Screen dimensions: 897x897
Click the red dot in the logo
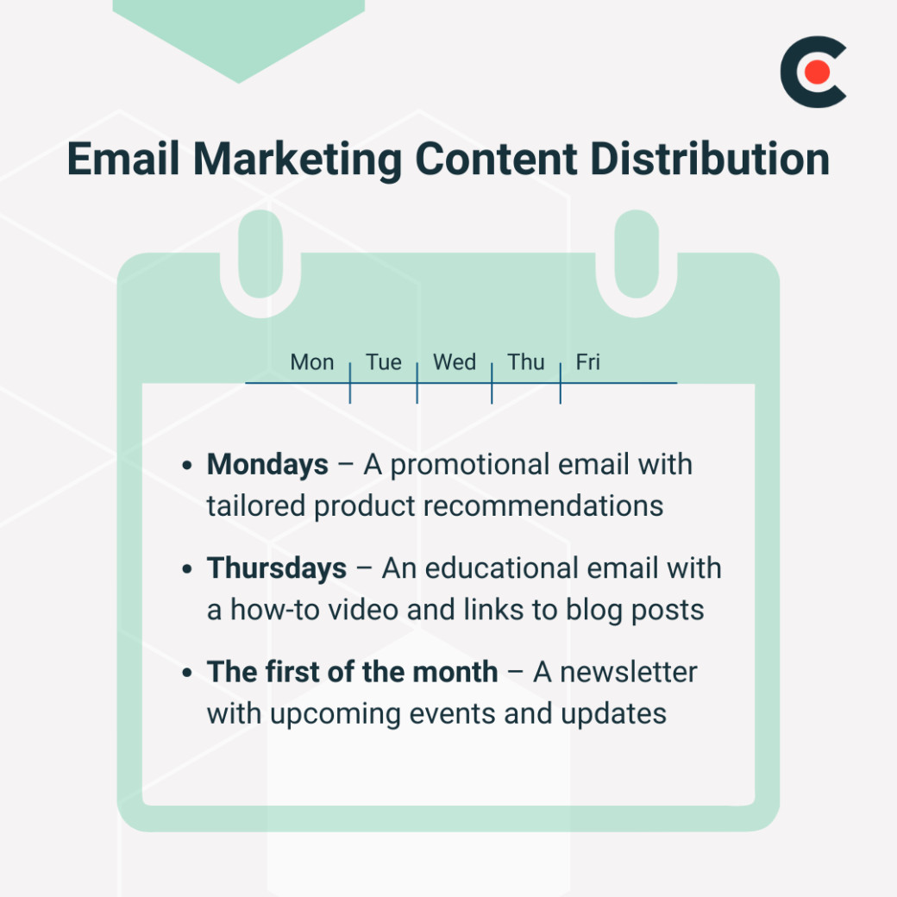click(x=818, y=72)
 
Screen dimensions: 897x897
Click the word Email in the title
click(x=122, y=159)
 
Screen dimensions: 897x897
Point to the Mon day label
click(x=312, y=362)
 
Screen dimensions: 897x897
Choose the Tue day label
click(x=384, y=362)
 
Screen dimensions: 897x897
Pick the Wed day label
click(x=455, y=362)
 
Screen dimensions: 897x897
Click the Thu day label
click(x=526, y=362)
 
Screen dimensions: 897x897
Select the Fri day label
click(x=588, y=362)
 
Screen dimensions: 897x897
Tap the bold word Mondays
click(x=267, y=465)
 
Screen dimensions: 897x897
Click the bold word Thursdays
click(x=277, y=568)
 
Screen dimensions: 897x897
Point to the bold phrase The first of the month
click(x=353, y=672)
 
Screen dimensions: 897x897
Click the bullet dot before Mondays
click(x=187, y=467)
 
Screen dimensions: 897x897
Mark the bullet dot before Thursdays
click(x=187, y=570)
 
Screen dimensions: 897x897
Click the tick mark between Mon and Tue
click(x=350, y=383)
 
